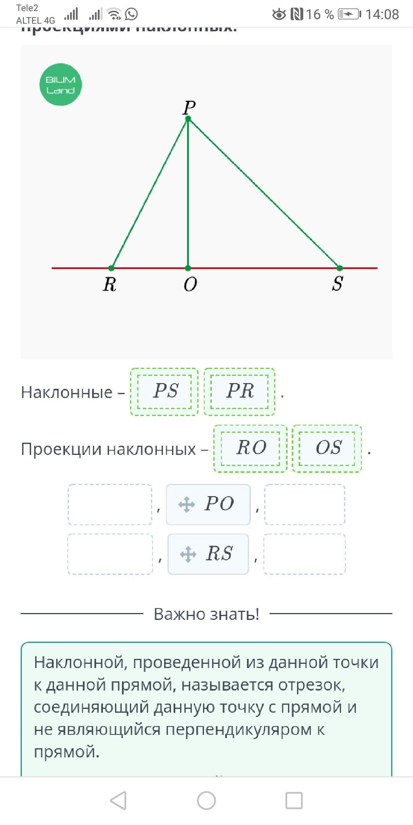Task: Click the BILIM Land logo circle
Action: click(x=60, y=84)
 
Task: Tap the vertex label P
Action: click(x=189, y=107)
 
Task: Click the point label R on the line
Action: click(x=109, y=285)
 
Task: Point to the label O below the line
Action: click(x=190, y=285)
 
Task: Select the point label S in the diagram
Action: click(x=337, y=284)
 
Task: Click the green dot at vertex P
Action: click(x=188, y=119)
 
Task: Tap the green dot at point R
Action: click(x=111, y=268)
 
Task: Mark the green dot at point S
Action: click(x=340, y=268)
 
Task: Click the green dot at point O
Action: click(x=188, y=268)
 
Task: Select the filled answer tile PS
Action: click(x=164, y=391)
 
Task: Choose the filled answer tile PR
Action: click(x=239, y=391)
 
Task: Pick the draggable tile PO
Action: click(x=208, y=504)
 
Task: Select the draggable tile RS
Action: click(x=208, y=554)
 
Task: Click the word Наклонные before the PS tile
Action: click(x=67, y=392)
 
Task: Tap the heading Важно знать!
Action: click(x=206, y=614)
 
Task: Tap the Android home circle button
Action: click(x=206, y=800)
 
